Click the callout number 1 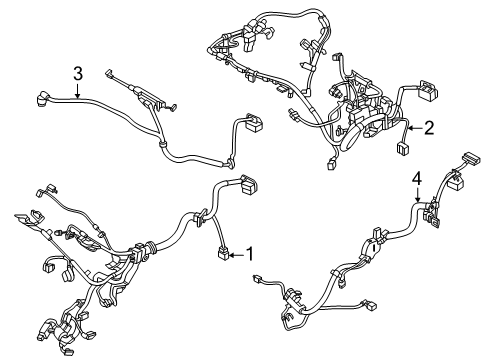point(250,255)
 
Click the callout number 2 point(429,128)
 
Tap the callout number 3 point(78,74)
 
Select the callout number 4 point(417,179)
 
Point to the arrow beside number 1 point(237,255)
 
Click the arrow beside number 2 point(415,128)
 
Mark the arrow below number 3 point(77,91)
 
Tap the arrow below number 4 point(417,195)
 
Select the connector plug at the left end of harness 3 point(42,98)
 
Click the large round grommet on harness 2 point(353,137)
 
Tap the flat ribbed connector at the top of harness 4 point(470,158)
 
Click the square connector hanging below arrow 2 point(403,148)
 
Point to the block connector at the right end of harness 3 point(254,122)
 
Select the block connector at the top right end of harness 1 point(249,185)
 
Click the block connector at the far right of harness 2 point(427,90)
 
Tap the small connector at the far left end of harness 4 point(257,278)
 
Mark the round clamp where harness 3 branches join point(163,144)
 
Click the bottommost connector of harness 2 point(331,165)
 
